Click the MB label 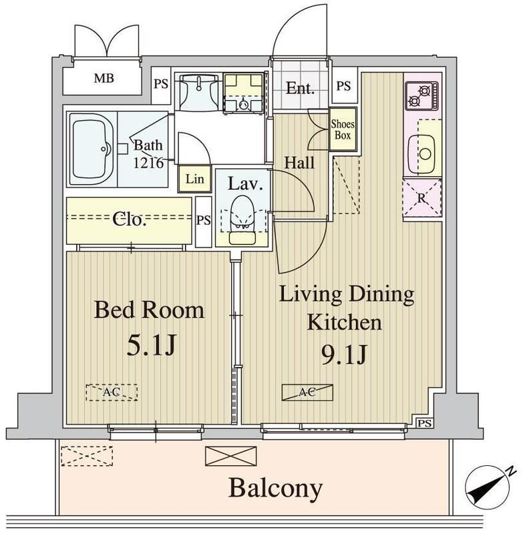click(x=104, y=79)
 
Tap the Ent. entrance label click(x=300, y=88)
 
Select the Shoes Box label click(x=343, y=129)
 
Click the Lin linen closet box click(x=194, y=179)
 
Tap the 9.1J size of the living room click(x=343, y=355)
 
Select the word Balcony click(x=275, y=489)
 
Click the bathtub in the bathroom click(x=92, y=148)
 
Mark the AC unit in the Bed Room click(x=111, y=392)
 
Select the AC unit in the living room click(x=307, y=392)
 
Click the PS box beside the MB click(x=161, y=85)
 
